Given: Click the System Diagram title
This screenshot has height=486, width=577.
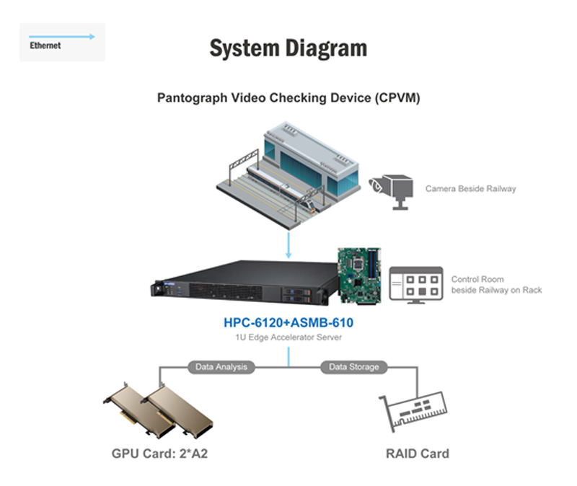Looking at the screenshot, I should pos(288,48).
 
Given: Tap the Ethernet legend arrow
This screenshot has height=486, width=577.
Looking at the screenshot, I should pos(62,35).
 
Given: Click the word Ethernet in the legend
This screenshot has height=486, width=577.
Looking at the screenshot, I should pos(45,45).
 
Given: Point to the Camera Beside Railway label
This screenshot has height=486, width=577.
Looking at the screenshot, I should pos(470,189).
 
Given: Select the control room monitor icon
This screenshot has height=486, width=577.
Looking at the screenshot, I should pos(416,284).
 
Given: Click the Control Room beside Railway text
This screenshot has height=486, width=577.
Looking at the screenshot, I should pos(496,284).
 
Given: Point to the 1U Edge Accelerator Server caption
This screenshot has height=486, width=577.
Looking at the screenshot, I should pos(288,337).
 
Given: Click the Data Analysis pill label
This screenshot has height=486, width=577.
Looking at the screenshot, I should pos(221,367).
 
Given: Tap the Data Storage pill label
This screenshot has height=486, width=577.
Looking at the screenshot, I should pos(353,367).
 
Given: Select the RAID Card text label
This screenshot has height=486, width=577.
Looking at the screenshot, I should pos(418,454).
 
